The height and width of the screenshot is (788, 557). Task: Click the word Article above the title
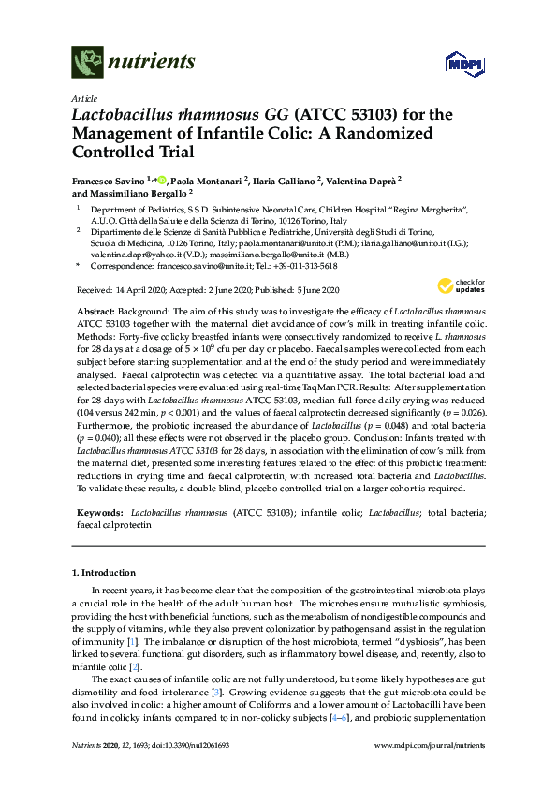pos(83,98)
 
